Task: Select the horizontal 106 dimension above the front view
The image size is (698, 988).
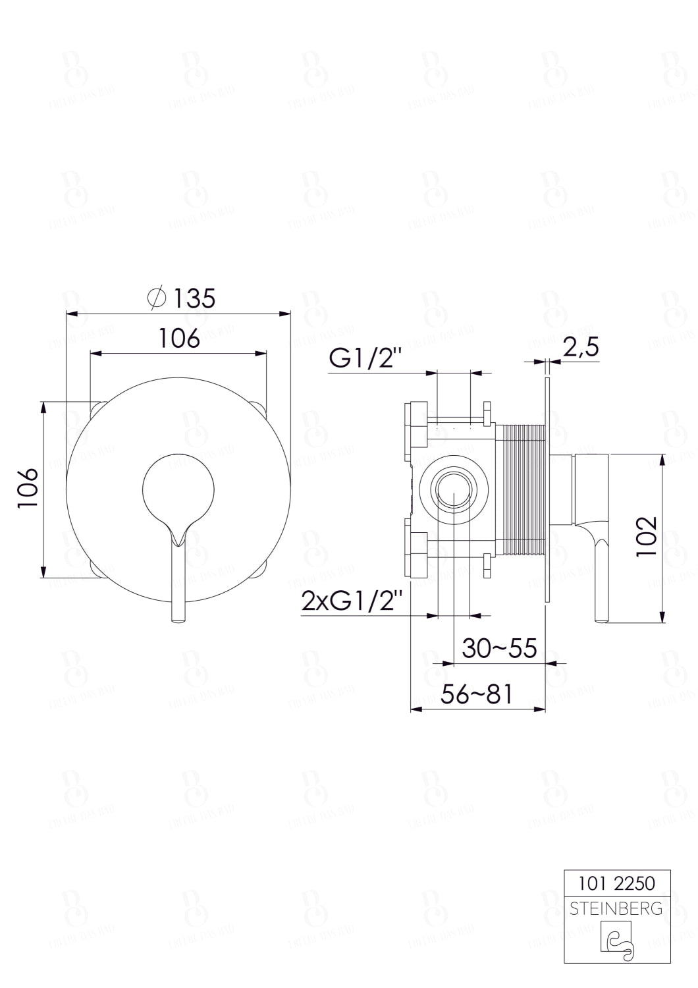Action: (179, 339)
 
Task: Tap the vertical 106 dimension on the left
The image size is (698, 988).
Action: (27, 488)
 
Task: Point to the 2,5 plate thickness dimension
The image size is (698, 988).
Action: (581, 346)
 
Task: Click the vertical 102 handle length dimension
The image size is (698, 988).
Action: (647, 537)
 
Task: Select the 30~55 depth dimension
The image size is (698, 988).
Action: (499, 648)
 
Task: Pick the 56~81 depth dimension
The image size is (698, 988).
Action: (476, 694)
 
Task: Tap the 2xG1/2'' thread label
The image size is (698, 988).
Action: (351, 601)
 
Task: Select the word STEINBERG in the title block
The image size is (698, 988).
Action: (616, 910)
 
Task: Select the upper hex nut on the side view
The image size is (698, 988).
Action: (417, 423)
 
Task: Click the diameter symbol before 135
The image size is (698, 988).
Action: (157, 298)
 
